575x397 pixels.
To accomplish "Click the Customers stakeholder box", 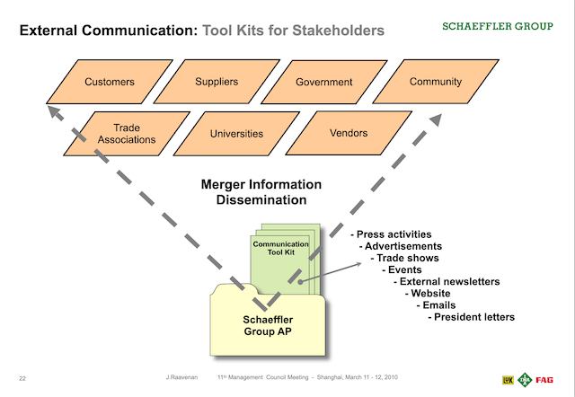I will [x=110, y=82].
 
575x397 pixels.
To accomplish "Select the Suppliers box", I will [x=217, y=82].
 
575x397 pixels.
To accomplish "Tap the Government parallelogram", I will [x=323, y=82].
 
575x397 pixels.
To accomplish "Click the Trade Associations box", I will [x=134, y=134].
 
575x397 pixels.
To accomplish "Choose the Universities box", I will [x=236, y=134].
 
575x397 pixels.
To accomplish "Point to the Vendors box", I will [x=349, y=133].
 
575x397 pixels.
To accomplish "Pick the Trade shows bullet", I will [x=406, y=258].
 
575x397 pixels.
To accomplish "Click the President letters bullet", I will [x=473, y=316].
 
